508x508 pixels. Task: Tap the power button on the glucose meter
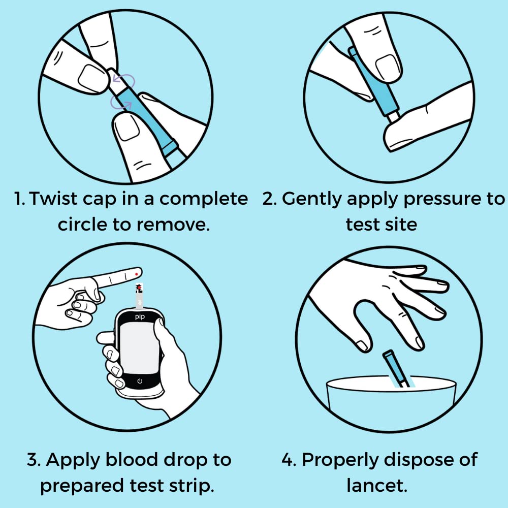[140, 381]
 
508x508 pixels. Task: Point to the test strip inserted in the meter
[139, 295]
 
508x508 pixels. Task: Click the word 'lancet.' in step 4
[377, 485]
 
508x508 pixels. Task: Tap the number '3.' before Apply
[34, 460]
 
